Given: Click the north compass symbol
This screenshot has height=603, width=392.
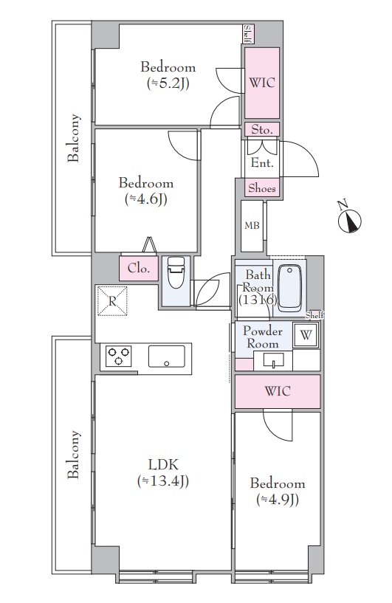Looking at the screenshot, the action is (x=349, y=221).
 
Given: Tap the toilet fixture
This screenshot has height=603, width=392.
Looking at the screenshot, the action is (x=176, y=272).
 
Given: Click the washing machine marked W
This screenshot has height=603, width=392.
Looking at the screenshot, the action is (x=306, y=335).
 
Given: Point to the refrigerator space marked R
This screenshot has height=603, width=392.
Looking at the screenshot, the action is (x=112, y=301).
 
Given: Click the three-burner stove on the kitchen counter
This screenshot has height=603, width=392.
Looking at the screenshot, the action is (x=118, y=356).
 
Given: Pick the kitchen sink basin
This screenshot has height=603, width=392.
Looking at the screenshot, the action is (x=167, y=356).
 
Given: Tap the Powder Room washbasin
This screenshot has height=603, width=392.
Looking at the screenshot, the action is (x=274, y=360).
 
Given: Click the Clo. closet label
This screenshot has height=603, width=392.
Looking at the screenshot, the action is (x=139, y=268).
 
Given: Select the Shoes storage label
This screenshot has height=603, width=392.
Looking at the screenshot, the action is (x=262, y=188).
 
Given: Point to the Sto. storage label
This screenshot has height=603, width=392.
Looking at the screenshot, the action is (x=262, y=130).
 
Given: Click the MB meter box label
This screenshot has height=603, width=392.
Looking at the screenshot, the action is (x=252, y=226).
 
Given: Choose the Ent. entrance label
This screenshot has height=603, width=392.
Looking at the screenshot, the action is (x=262, y=162).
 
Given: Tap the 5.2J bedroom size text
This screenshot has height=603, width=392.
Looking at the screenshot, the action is (x=168, y=84).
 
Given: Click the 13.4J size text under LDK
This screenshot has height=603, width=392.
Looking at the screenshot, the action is (x=163, y=481).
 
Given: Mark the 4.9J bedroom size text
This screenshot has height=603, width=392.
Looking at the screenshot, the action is (x=278, y=500).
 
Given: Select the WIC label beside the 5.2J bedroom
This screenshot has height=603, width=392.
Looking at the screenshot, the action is (x=262, y=83).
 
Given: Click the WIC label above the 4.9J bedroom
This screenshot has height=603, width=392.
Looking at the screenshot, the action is (x=278, y=391).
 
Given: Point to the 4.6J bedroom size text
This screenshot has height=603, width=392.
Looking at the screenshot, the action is (x=146, y=199).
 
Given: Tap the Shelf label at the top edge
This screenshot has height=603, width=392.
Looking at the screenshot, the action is (x=248, y=34).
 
